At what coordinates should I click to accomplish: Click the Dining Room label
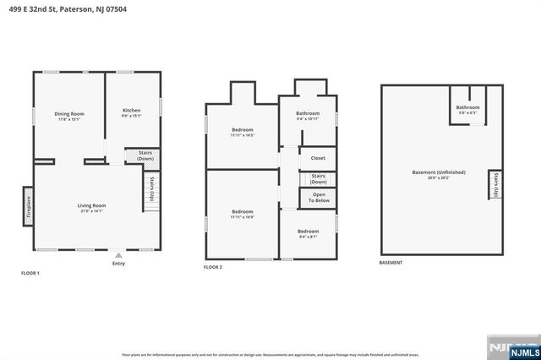click(68, 113)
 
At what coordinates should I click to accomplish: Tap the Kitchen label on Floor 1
click(132, 111)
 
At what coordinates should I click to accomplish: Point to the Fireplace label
click(29, 207)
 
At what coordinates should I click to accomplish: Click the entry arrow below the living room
click(118, 254)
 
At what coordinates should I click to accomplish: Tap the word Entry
click(118, 264)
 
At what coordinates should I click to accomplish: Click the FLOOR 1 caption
click(30, 273)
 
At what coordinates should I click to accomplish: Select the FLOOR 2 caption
click(213, 267)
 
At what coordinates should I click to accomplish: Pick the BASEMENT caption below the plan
click(391, 262)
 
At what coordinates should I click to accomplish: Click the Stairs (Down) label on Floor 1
click(145, 155)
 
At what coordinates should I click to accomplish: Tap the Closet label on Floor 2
click(318, 158)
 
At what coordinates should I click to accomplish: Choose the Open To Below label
click(319, 198)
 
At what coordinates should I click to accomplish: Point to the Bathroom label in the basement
click(467, 107)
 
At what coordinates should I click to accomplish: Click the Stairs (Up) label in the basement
click(495, 184)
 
